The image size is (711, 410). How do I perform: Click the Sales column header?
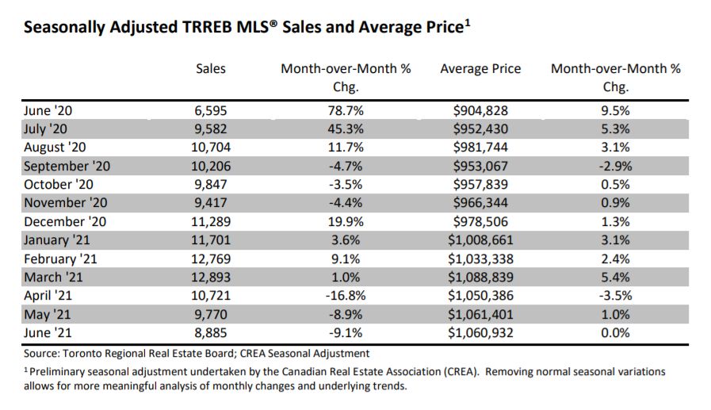[211, 69]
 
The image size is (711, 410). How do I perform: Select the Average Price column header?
[480, 69]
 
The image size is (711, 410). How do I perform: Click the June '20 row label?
[48, 111]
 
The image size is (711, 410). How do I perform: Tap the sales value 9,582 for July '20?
[211, 129]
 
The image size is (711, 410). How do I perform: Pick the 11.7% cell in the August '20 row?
[346, 148]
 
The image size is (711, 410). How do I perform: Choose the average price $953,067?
[480, 167]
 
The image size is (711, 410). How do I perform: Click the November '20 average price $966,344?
[480, 203]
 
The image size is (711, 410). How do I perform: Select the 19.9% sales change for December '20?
[346, 221]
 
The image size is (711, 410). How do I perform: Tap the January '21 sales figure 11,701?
[211, 239]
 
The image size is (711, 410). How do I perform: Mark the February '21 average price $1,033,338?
[480, 258]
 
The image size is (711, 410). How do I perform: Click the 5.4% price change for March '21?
[615, 276]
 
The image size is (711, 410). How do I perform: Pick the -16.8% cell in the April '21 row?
[346, 294]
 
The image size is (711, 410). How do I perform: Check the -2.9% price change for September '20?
[615, 167]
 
